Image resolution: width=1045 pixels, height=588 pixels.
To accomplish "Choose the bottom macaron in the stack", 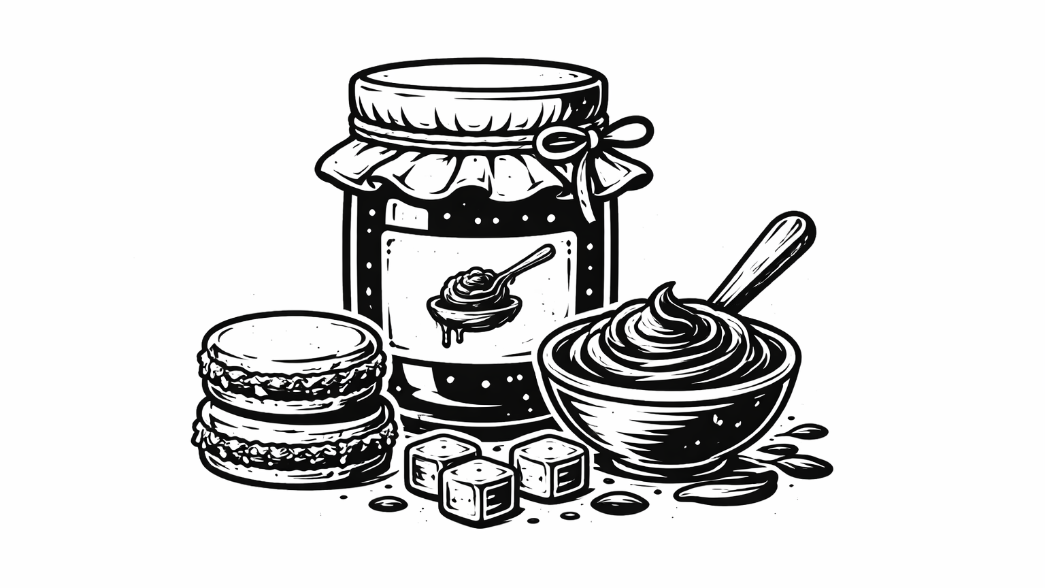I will pos(296,442).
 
